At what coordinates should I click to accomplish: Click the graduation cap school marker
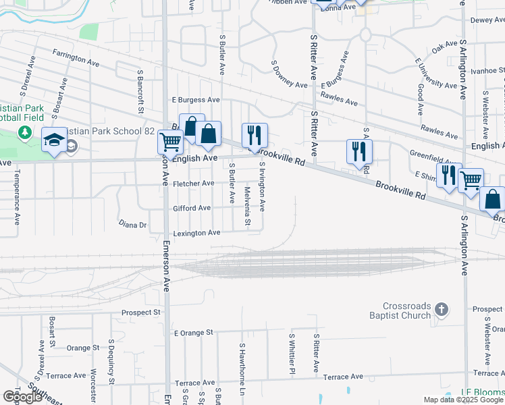click(54, 140)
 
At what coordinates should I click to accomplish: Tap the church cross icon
click(442, 310)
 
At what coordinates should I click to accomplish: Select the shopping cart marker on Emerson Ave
click(170, 142)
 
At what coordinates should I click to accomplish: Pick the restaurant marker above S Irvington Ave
click(255, 135)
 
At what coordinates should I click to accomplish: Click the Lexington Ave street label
click(196, 233)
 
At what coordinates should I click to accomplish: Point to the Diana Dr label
click(132, 224)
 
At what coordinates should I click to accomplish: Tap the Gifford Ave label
click(192, 208)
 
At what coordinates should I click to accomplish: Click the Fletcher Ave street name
click(193, 183)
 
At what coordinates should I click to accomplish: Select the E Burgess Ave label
click(196, 99)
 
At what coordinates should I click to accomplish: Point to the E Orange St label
click(193, 333)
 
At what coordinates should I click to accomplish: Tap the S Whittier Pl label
click(292, 353)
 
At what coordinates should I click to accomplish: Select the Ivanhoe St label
click(487, 70)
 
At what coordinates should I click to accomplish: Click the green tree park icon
click(26, 132)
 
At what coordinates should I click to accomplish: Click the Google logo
click(22, 396)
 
